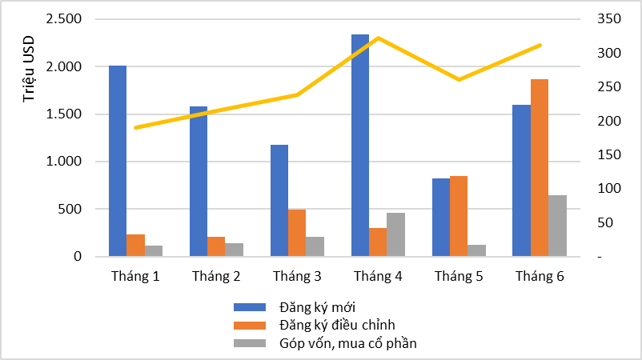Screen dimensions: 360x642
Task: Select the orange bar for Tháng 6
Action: click(x=540, y=168)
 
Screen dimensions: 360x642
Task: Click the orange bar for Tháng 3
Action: click(x=297, y=233)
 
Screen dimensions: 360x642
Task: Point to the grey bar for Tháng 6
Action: click(x=558, y=226)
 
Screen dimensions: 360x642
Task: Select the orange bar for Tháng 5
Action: click(x=459, y=216)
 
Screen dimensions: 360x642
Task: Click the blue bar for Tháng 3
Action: click(x=279, y=201)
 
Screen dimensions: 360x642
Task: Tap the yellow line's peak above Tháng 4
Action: click(x=378, y=38)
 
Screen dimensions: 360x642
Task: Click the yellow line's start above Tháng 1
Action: click(x=136, y=127)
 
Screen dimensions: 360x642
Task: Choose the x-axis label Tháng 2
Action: click(x=216, y=276)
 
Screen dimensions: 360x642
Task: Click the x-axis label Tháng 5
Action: click(x=459, y=276)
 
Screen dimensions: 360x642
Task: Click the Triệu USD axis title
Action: click(x=29, y=70)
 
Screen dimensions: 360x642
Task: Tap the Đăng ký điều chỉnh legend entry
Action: click(x=337, y=325)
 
